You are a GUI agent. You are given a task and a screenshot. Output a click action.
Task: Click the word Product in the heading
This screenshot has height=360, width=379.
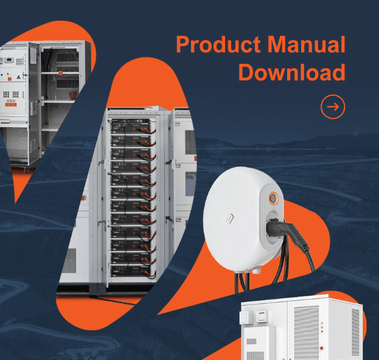[218, 44]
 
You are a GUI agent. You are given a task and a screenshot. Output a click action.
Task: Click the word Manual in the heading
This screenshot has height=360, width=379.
[307, 44]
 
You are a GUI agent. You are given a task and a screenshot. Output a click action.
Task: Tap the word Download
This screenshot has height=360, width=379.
[292, 72]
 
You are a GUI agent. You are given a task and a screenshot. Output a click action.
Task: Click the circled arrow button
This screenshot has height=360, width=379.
[333, 107]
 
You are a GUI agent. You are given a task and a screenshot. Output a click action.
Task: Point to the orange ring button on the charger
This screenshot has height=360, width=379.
[273, 199]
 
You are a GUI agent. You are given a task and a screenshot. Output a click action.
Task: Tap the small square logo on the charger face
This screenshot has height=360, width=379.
[230, 219]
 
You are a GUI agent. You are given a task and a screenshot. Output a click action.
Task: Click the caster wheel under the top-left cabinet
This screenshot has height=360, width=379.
[26, 171]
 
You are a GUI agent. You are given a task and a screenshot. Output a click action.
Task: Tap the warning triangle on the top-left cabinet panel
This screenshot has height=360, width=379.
[19, 77]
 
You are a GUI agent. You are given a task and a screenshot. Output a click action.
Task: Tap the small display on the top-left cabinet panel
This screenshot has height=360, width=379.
[9, 60]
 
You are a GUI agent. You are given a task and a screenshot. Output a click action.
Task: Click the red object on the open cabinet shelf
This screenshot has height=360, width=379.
[74, 95]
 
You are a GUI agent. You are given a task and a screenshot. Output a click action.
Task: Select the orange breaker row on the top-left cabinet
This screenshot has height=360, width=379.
[11, 105]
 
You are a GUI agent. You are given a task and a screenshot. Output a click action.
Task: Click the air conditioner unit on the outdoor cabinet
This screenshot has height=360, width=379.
[259, 344]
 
